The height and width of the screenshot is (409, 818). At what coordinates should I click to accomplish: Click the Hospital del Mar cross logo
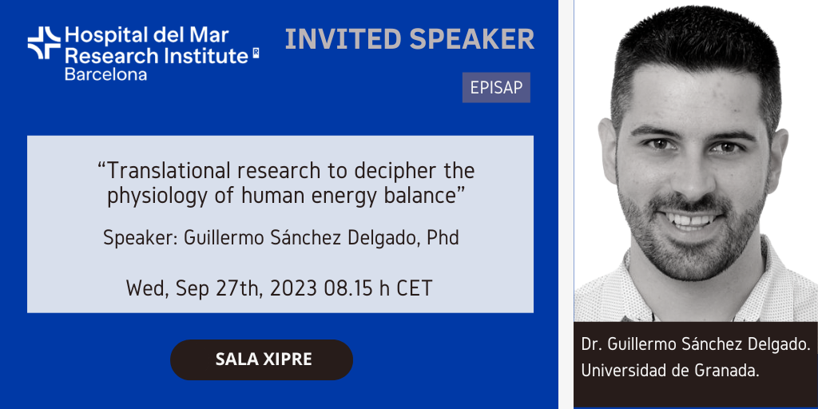coord(44,43)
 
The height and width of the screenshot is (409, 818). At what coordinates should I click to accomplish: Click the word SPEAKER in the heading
coord(472,39)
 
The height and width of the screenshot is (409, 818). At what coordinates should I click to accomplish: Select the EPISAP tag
coord(496,88)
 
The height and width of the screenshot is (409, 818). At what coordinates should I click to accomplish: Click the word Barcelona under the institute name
coord(105,74)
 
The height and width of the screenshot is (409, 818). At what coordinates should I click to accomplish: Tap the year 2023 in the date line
coord(294,288)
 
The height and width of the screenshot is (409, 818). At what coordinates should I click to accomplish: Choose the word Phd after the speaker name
coord(443,237)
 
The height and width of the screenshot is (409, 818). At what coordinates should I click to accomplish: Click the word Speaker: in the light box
coord(141,238)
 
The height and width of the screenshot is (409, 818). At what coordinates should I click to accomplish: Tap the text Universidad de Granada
coord(670,370)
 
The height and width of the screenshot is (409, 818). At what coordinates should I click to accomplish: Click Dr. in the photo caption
coord(592,345)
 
